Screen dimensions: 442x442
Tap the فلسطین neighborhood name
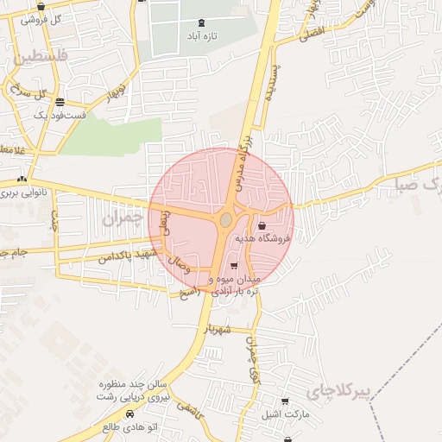click(x=38, y=59)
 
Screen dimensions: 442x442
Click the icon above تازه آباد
click(x=202, y=22)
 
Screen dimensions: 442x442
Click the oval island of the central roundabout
click(x=225, y=220)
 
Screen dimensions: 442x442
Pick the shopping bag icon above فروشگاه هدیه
click(x=262, y=225)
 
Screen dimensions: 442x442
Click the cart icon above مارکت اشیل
click(x=285, y=401)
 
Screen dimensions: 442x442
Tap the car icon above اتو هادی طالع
click(x=104, y=415)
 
